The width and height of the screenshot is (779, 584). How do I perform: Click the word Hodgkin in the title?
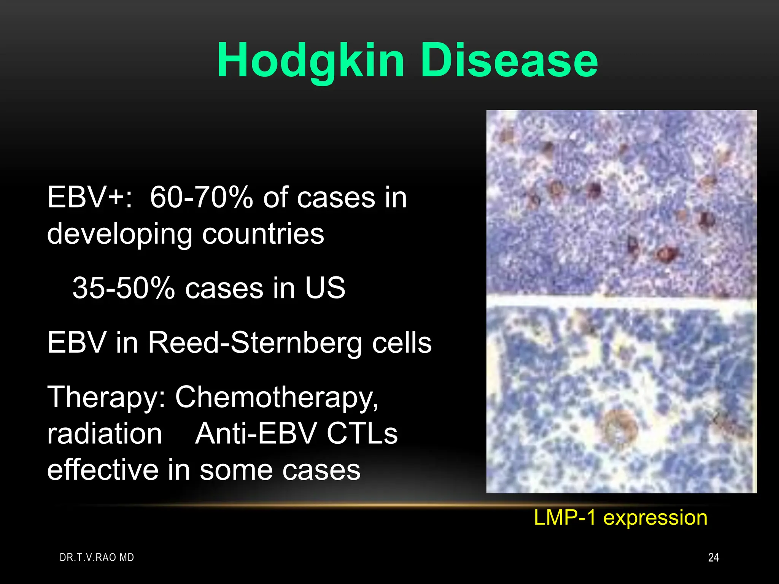310,61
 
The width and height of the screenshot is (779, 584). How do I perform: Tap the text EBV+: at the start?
90,198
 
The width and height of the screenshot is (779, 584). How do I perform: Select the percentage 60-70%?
201,198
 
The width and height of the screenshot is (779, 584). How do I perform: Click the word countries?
263,234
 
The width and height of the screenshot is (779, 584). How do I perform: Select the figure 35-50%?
124,288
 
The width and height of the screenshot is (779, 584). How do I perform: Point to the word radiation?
105,434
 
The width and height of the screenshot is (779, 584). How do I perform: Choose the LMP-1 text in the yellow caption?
564,517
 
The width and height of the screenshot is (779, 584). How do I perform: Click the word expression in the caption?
655,518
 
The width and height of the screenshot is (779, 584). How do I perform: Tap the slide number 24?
713,557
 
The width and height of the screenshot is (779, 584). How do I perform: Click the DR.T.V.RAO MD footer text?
97,557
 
